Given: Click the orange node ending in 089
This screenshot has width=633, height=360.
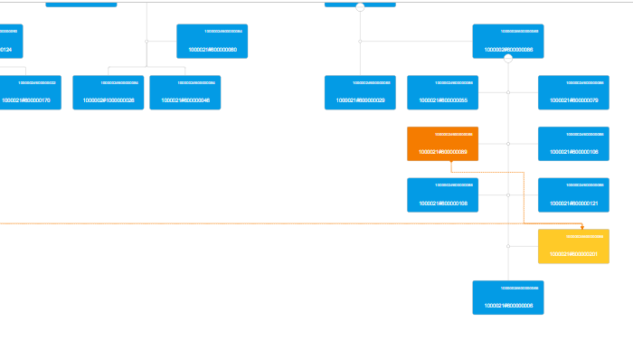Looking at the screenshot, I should [442, 144].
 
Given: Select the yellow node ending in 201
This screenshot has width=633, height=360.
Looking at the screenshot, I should [573, 246].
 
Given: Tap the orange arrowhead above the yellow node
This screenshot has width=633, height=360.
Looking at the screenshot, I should [582, 226].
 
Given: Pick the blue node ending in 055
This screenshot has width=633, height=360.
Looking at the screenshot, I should [442, 92].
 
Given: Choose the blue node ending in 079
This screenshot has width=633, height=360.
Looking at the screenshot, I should [573, 92].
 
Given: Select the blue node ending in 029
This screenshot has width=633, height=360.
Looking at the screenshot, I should [360, 92].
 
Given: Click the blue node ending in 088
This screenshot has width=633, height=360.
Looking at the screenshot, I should [508, 41].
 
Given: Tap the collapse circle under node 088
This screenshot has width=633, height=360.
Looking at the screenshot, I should [508, 59].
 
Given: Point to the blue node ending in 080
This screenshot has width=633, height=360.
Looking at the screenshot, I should [213, 41].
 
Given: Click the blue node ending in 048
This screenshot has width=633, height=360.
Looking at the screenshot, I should [185, 92].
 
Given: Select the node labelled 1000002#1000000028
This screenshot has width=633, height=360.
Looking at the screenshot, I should [109, 92].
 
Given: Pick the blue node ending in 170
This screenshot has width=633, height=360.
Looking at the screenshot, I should [26, 92].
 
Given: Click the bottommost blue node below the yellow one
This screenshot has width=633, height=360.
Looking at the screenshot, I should [508, 298].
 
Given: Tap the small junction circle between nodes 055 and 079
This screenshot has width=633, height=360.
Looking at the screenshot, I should [508, 92].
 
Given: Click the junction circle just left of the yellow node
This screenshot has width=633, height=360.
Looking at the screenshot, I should [508, 246].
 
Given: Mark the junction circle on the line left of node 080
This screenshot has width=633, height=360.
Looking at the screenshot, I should [146, 41].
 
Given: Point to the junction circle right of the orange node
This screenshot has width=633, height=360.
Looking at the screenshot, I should [508, 144].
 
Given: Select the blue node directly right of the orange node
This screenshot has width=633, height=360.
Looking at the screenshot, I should [573, 144].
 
